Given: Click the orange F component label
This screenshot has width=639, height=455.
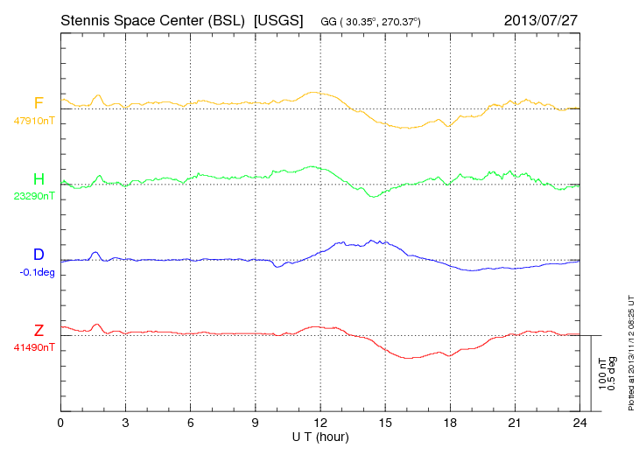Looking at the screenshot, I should (39, 103).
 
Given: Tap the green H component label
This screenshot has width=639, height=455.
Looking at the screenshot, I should (39, 179).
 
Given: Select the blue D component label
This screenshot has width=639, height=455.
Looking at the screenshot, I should (39, 255).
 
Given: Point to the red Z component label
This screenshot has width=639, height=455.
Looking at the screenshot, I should (39, 330).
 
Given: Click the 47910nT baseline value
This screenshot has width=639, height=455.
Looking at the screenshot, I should (34, 121).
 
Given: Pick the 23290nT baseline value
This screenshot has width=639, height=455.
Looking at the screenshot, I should (34, 196).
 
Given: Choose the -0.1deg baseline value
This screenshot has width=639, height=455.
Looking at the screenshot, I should (36, 272).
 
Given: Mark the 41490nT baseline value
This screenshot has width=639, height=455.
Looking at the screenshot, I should (34, 347).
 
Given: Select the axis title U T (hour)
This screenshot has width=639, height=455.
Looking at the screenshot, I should (320, 437).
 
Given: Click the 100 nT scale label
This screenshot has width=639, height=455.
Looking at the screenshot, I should (602, 373).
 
